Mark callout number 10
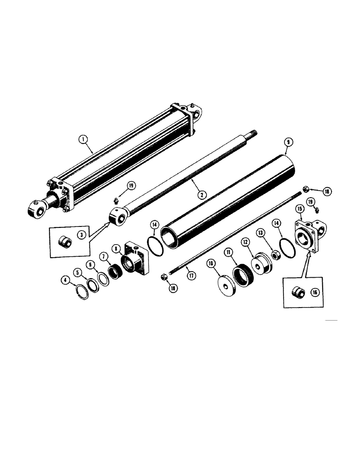(210, 264)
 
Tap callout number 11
(228, 252)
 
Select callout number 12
(245, 242)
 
